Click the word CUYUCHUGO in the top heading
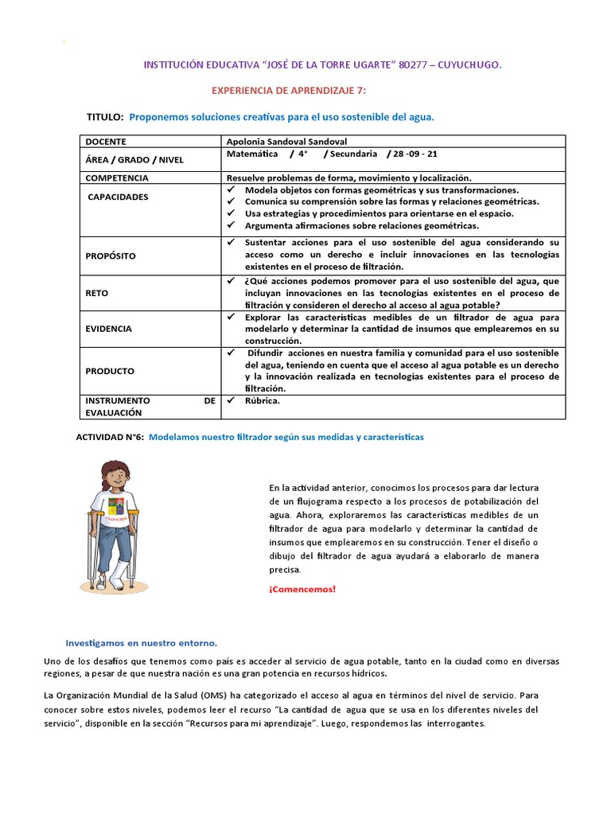tap(469, 67)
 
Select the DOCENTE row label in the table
tap(106, 141)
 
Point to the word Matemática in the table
tap(252, 154)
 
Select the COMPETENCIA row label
tap(117, 177)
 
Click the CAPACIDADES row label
tap(118, 197)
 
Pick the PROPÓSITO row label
tap(111, 255)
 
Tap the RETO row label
tap(97, 293)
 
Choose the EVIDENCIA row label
tap(109, 328)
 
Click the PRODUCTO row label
tap(110, 371)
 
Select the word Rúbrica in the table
tap(263, 400)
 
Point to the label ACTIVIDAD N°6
tap(109, 437)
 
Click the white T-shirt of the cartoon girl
tap(118, 509)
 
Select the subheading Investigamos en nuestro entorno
tap(141, 642)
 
